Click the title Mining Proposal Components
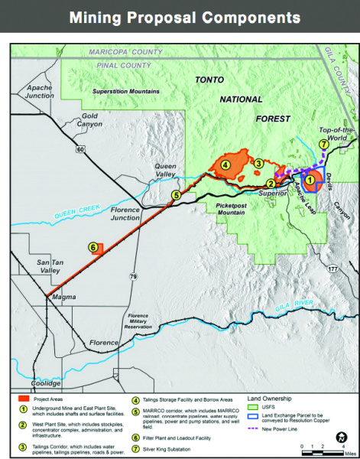(x=180, y=16)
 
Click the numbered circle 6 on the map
(x=93, y=247)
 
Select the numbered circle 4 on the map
(x=226, y=163)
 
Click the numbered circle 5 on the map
(x=175, y=196)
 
